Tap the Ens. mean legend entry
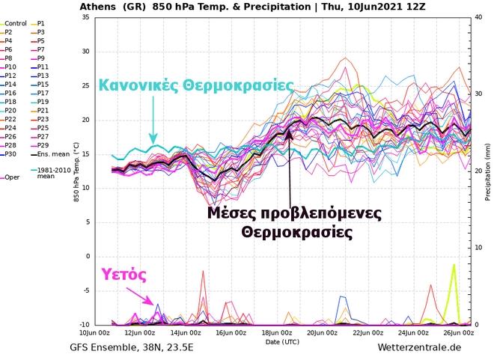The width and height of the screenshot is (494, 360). click(x=51, y=154)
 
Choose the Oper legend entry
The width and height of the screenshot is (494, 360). click(x=12, y=177)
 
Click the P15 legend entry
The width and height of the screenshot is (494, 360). click(x=45, y=84)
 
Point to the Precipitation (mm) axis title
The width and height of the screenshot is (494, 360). click(x=487, y=171)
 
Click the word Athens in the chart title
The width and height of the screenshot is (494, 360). click(x=97, y=7)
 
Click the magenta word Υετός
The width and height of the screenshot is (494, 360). click(x=124, y=273)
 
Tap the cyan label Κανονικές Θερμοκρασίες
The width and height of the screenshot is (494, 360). click(x=197, y=85)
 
